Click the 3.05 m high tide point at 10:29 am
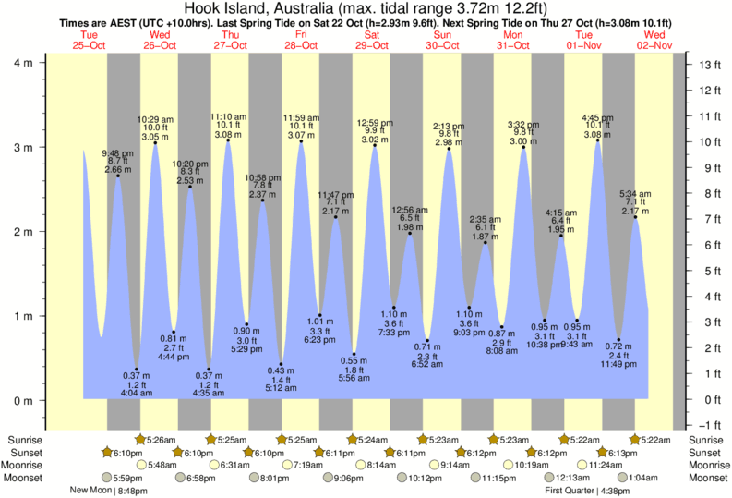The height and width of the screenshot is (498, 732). point(155,142)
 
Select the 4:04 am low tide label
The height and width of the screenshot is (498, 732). point(137,392)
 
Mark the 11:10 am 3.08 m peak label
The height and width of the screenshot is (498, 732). point(228,127)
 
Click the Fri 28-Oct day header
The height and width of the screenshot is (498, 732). point(300,40)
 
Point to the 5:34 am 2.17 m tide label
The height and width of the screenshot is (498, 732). point(635,203)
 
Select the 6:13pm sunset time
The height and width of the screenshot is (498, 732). point(621,453)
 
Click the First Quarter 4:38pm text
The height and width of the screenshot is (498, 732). point(581,492)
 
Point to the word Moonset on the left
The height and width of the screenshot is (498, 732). point(24,478)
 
